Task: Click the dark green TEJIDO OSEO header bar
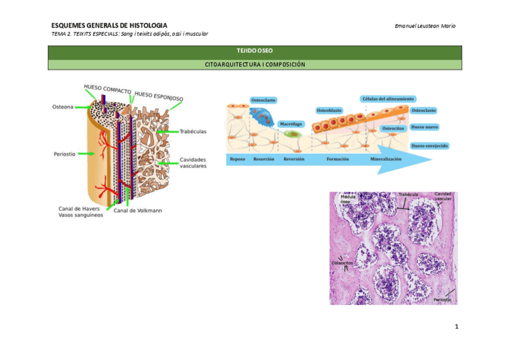254,52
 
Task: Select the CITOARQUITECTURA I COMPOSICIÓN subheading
254,64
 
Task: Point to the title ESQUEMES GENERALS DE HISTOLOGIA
109,25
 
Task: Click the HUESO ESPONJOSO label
159,96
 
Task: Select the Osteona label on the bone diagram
63,107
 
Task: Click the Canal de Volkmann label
138,210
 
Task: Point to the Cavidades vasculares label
193,162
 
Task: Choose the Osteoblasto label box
329,110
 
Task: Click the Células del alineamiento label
389,99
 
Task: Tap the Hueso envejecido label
429,145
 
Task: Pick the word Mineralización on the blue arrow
386,159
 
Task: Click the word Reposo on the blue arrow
238,159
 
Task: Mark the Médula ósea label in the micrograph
349,199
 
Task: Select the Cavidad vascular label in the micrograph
443,196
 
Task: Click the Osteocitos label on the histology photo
343,263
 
